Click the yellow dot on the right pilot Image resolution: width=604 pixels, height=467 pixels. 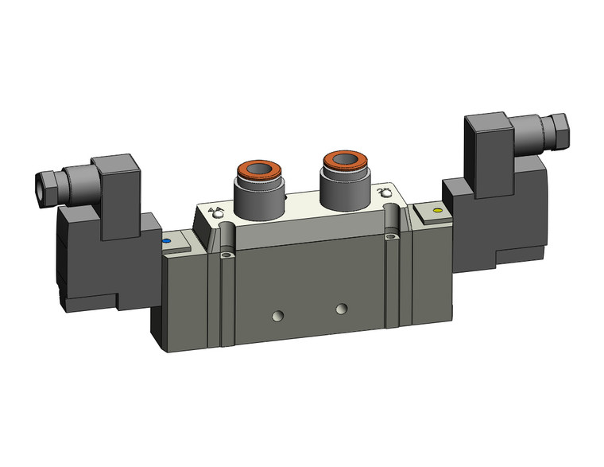pos(435,211)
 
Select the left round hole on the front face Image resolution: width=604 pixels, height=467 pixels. pos(277,316)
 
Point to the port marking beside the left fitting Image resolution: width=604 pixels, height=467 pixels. pos(215,212)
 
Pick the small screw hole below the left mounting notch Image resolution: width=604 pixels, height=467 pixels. pos(227,255)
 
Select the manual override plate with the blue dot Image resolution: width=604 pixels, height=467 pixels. pos(176,243)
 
